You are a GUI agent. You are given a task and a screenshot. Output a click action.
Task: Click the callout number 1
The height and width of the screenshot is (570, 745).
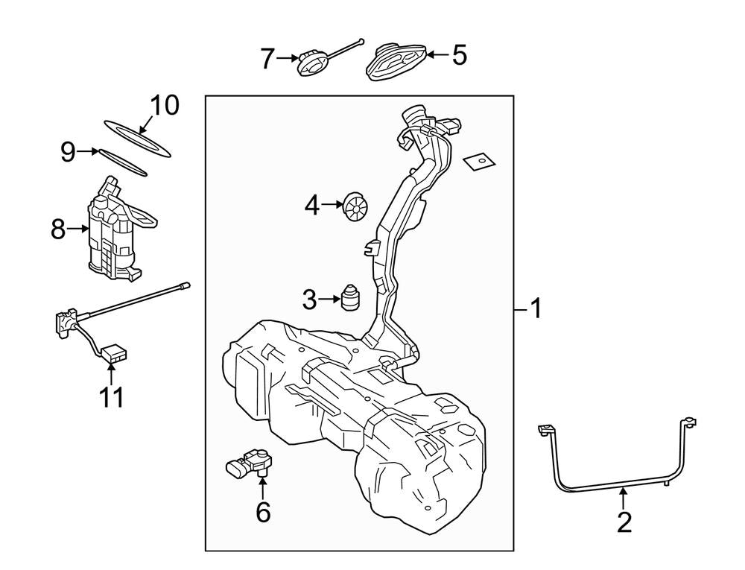click(x=534, y=307)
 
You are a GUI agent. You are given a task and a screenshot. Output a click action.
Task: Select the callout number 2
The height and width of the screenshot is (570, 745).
click(x=624, y=521)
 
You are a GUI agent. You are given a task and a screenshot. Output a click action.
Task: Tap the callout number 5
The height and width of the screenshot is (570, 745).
click(x=459, y=54)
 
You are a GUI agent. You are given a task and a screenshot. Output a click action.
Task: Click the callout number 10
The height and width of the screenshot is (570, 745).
click(x=165, y=105)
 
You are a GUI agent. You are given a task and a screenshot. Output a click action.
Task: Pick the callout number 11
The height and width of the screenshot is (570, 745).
click(x=112, y=396)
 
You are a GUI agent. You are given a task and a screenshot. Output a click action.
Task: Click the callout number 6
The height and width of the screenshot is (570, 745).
click(x=263, y=512)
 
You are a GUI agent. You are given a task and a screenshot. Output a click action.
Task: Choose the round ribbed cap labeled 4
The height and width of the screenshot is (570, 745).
click(x=355, y=205)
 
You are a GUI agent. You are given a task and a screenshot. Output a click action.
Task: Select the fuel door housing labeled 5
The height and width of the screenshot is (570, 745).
click(x=397, y=60)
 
